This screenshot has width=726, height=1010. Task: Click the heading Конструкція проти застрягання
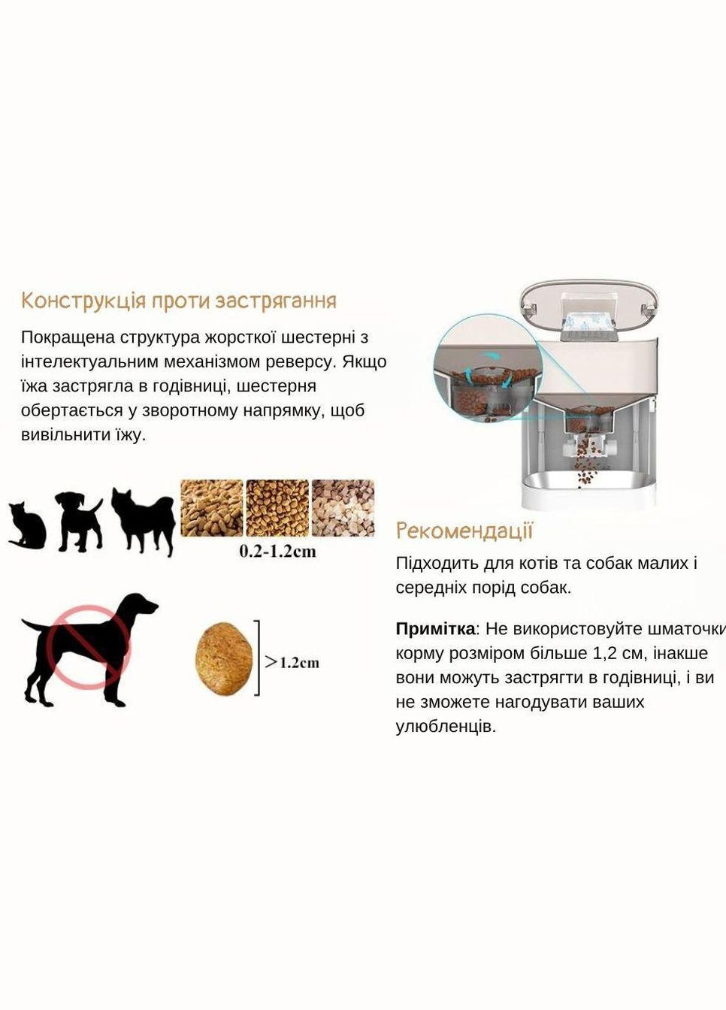coord(179,301)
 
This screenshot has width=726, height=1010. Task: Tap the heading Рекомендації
coord(464,531)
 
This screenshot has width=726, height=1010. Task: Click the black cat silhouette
coord(28,525)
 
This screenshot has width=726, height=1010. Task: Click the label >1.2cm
coord(292,662)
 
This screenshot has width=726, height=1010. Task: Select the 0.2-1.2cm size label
coord(277,551)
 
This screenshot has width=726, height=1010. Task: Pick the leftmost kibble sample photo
coord(211,508)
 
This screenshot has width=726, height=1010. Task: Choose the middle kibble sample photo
coord(277,508)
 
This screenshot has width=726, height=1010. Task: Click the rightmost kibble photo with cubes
coord(343,508)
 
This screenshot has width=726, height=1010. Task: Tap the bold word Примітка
coord(435,629)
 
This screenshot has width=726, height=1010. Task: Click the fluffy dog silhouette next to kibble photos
coord(143,521)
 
